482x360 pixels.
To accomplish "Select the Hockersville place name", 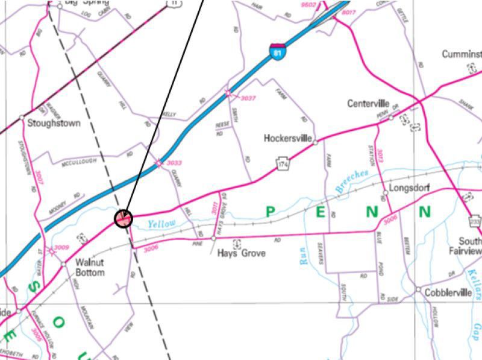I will pyautogui.click(x=287, y=139).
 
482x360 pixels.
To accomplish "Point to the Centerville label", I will pyautogui.click(x=368, y=104).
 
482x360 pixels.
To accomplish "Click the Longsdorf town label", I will pyautogui.click(x=409, y=188).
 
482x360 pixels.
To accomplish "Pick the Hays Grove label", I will pyautogui.click(x=241, y=253).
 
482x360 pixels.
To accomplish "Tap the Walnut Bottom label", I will pyautogui.click(x=90, y=268).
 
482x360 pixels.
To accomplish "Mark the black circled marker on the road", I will pyautogui.click(x=124, y=218).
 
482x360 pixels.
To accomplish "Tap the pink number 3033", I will pyautogui.click(x=174, y=163).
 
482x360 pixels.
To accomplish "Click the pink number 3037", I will pyautogui.click(x=248, y=98).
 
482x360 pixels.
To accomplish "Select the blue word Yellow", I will pyautogui.click(x=161, y=224).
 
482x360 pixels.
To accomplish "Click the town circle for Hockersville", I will pyautogui.click(x=315, y=142).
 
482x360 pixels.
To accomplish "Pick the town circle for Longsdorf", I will pyautogui.click(x=385, y=193).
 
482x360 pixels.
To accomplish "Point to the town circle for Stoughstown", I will pyautogui.click(x=22, y=117).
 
